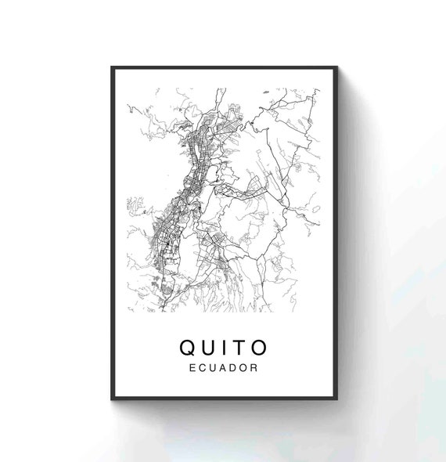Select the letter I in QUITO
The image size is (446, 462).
(x=226, y=347)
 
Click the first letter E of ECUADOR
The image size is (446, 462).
(x=193, y=366)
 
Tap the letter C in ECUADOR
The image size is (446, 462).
(x=203, y=366)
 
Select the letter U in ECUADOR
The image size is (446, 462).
(x=213, y=366)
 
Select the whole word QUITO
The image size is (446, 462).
(x=225, y=347)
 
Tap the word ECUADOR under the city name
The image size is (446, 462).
(x=224, y=366)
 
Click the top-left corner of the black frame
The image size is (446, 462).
(x=112, y=67)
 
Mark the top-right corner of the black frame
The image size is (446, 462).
(x=336, y=67)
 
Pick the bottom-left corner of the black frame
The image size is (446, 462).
(x=112, y=399)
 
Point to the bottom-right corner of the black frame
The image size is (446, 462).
(x=336, y=399)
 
